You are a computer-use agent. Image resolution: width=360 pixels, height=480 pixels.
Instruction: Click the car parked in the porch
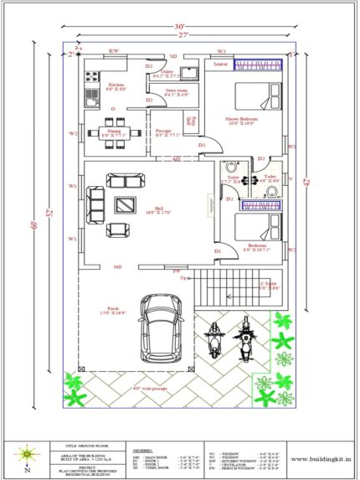click(159, 328)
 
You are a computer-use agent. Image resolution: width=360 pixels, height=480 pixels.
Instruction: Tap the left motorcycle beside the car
click(215, 341)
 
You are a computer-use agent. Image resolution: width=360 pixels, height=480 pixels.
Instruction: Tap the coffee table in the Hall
click(124, 203)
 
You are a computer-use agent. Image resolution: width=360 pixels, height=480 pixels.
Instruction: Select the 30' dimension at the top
click(183, 23)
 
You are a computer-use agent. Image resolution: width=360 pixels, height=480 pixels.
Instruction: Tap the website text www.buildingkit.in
click(321, 457)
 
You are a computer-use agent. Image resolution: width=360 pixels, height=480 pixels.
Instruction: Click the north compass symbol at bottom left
click(28, 453)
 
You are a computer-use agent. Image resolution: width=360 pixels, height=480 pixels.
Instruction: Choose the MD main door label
click(118, 267)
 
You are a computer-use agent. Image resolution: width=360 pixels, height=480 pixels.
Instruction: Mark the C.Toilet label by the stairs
click(269, 285)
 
